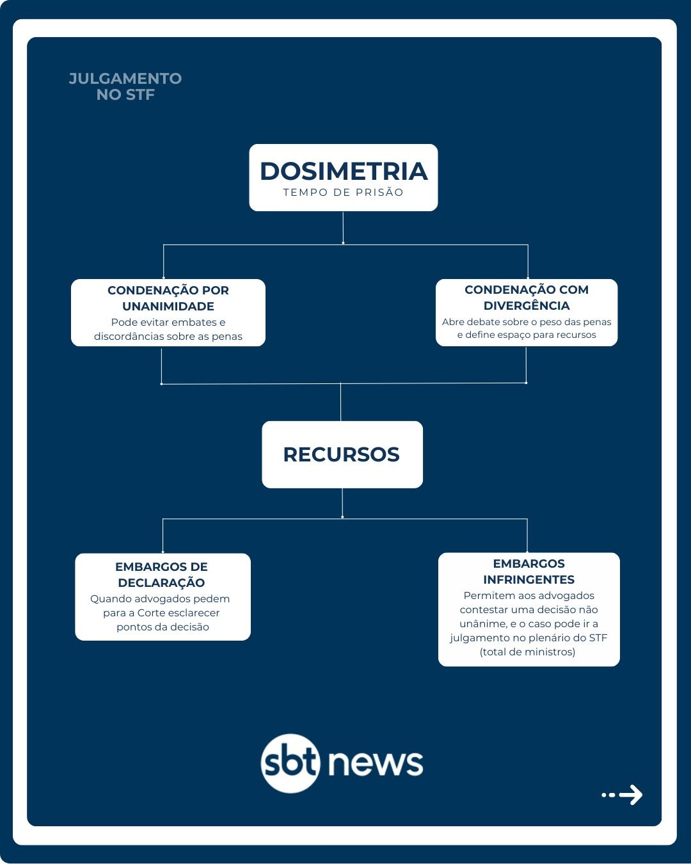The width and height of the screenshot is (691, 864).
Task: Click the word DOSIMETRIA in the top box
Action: coord(344,171)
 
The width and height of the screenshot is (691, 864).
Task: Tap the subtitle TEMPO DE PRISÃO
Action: coord(344,192)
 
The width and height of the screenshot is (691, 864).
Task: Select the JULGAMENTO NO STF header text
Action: coord(125,86)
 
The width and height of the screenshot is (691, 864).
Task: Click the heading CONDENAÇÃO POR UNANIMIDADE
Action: coord(168,298)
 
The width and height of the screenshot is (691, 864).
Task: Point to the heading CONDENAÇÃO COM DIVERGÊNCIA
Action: coord(527,298)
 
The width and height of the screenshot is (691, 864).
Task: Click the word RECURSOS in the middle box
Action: coord(342,454)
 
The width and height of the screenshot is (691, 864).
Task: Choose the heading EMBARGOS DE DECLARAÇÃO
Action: coord(161,575)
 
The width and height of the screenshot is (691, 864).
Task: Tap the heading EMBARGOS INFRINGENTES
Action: coord(528,572)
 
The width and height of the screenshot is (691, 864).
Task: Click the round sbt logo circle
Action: coord(290,764)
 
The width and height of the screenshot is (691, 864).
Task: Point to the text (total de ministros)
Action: coord(528,652)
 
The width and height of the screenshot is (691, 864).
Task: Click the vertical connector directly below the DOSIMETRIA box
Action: coord(343,228)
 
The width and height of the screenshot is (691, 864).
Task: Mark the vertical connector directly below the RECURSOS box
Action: coord(342,503)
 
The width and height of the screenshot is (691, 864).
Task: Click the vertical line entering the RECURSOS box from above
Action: coord(340,402)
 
